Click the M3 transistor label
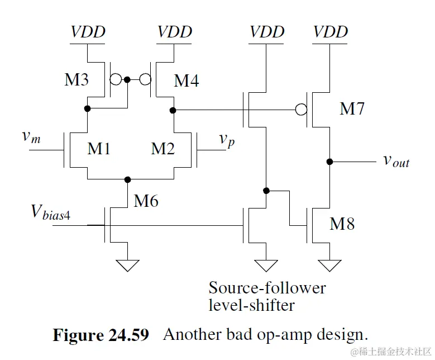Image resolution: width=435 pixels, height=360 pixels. [77, 80]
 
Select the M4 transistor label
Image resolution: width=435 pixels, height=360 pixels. [187, 81]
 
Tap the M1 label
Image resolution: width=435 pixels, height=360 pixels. [99, 149]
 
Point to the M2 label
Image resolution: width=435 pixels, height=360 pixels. [162, 149]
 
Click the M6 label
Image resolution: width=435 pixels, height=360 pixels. [146, 200]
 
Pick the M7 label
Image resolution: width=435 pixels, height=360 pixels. [352, 108]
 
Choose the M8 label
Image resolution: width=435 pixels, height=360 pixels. [342, 224]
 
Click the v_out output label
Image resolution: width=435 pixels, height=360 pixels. [396, 161]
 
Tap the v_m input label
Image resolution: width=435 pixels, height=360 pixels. [31, 137]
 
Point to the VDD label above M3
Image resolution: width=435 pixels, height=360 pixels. [88, 31]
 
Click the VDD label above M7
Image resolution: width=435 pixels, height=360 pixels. [331, 31]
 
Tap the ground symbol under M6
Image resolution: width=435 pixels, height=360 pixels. [128, 264]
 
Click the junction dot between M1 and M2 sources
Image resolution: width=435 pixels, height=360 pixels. [128, 179]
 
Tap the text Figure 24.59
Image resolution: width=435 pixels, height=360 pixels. [101, 335]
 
